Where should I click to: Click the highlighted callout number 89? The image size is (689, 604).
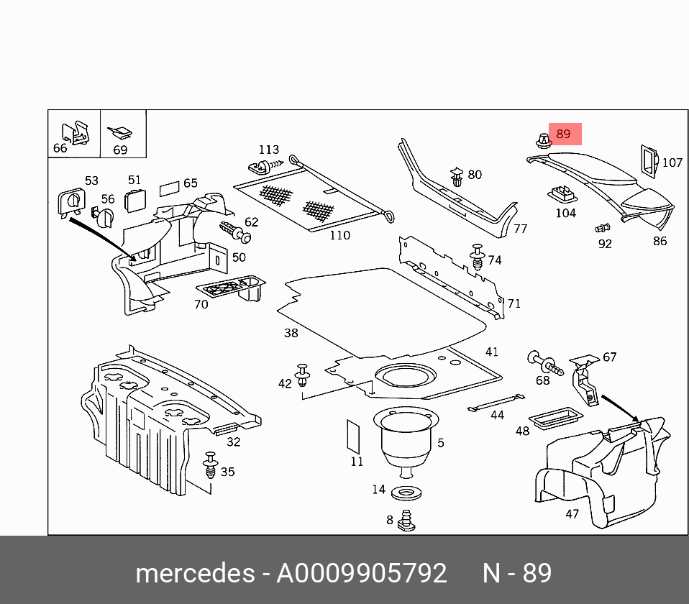(563, 134)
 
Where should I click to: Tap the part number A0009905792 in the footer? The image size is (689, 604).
(362, 573)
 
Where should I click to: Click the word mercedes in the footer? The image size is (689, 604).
(195, 573)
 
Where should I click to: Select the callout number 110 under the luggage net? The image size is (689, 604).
(339, 235)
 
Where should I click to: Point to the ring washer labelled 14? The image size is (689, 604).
(406, 493)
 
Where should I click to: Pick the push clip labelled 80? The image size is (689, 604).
(457, 177)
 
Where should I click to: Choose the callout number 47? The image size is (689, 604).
(572, 514)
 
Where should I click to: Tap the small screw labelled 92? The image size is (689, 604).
(601, 229)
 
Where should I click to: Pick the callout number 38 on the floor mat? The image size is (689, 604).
(291, 333)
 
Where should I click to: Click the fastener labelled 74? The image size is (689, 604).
(477, 257)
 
